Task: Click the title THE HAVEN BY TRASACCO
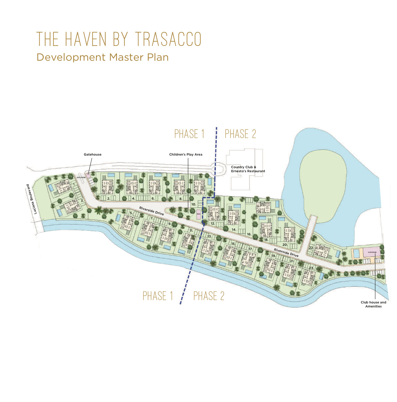pos(119,39)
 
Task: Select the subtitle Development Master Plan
pos(102,57)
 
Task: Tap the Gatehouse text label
pos(92,154)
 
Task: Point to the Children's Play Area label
pos(186,154)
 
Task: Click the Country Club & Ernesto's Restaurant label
pos(248,169)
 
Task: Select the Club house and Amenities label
pos(373,304)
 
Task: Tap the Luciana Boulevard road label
pos(32,199)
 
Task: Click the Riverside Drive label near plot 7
pos(151,211)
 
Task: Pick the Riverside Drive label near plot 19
pos(286,253)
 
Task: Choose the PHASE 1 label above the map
pos(189,134)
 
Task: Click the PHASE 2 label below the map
pos(209,296)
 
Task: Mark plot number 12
pos(213,223)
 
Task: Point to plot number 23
pos(311,268)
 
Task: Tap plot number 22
pos(311,248)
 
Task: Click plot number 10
pos(194,204)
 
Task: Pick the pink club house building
pos(371,252)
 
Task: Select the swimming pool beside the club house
pos(356,254)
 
